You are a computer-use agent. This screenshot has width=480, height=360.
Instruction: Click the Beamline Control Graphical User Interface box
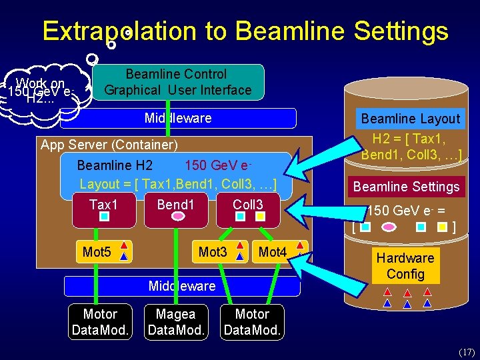[x=178, y=82]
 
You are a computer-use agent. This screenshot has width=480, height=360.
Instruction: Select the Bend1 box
[x=175, y=209]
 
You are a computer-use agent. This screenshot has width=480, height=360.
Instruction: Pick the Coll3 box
[x=248, y=209]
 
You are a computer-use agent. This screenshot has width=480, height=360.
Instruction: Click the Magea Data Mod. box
[x=175, y=321]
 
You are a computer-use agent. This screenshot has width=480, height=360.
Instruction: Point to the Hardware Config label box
[x=405, y=266]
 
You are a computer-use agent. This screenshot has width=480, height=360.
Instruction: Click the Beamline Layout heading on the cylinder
[x=410, y=119]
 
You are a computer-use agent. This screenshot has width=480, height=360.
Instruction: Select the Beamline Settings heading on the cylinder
[x=407, y=187]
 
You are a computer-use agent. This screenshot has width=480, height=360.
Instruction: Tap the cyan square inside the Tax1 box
[x=103, y=216]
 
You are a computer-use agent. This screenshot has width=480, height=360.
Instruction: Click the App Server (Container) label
[x=109, y=145]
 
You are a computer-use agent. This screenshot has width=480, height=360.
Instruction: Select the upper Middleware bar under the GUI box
[x=178, y=118]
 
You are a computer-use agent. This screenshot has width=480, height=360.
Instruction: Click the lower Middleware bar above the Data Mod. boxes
[x=182, y=286]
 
